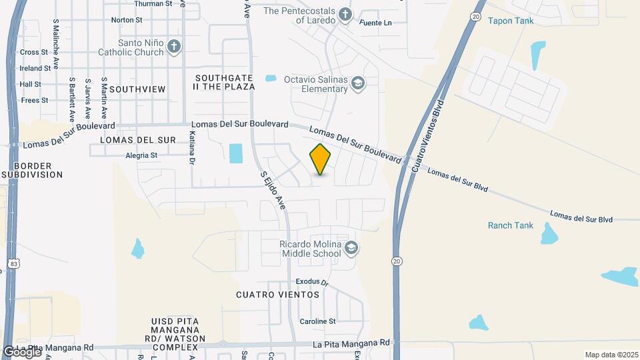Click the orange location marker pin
click(321, 159)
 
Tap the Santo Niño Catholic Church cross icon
click(174, 47)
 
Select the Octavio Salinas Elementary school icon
click(358, 83)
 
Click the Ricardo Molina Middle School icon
click(352, 249)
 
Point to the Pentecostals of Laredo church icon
click(345, 14)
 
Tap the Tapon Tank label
click(511, 21)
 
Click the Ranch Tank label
click(511, 225)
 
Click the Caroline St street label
click(317, 321)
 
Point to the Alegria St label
click(141, 155)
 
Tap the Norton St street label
click(127, 20)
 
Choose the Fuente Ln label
click(375, 23)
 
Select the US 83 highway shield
click(15, 265)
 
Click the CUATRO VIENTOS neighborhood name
click(278, 294)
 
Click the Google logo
click(22, 351)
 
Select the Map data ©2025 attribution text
click(610, 354)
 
